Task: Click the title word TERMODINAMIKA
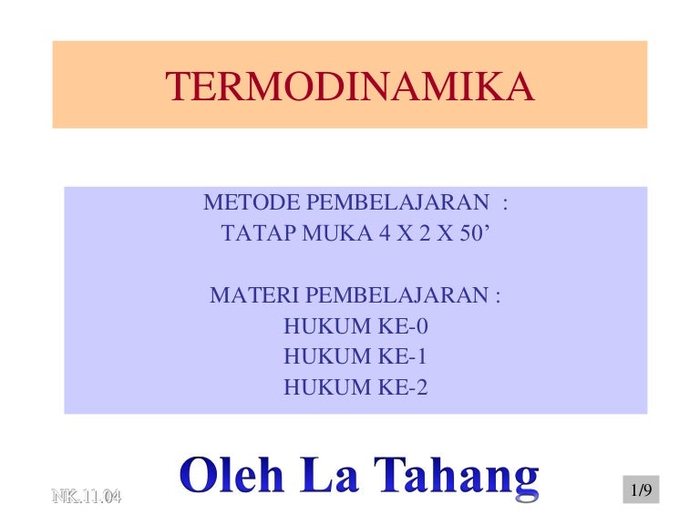[x=349, y=87]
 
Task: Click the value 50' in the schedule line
[x=473, y=233]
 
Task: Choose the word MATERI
[x=254, y=296]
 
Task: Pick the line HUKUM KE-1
[x=355, y=357]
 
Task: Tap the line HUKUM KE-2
[x=355, y=388]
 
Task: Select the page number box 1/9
[x=640, y=491]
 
